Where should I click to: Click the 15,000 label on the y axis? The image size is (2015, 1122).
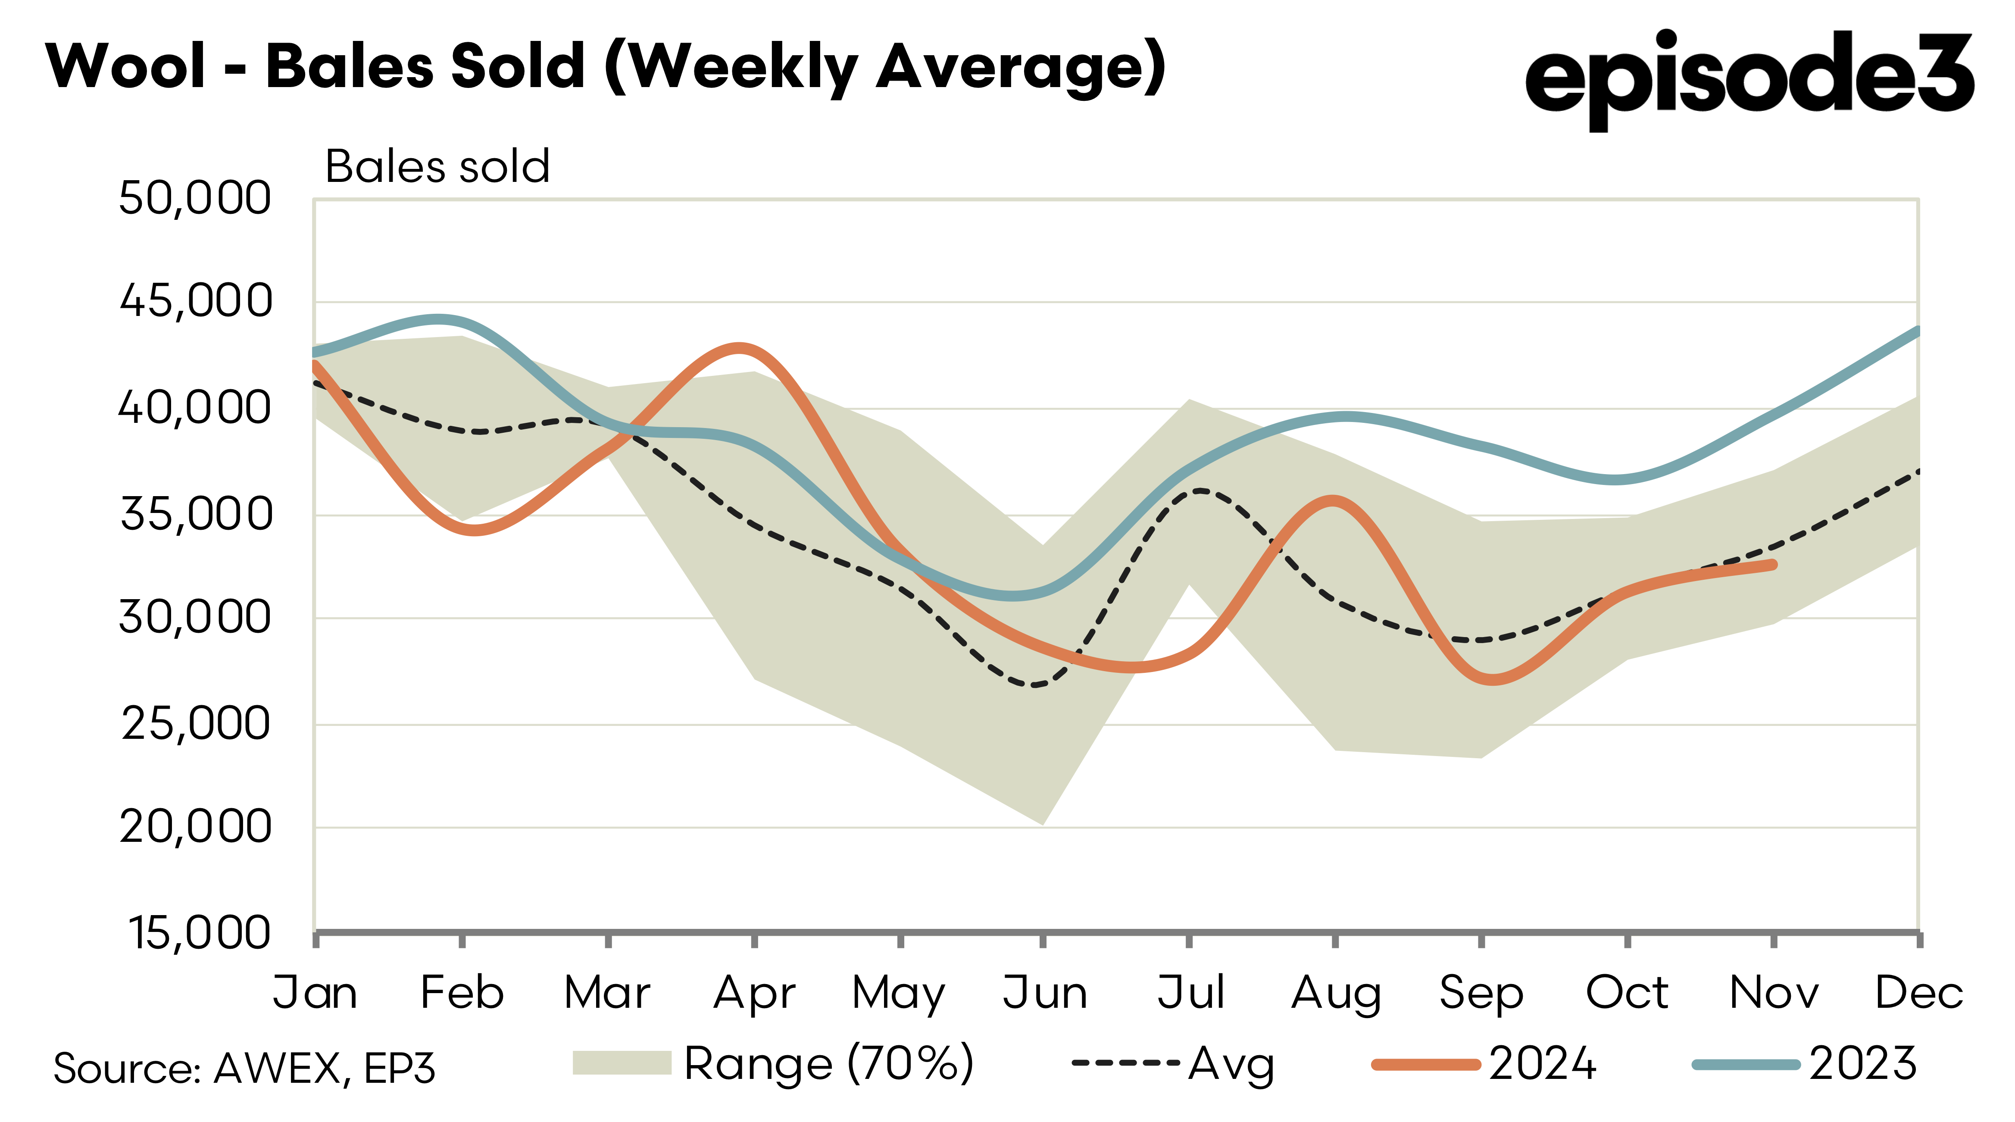click(200, 933)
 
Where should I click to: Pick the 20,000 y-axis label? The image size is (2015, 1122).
click(196, 827)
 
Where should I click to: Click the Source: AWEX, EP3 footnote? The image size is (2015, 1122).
click(244, 1068)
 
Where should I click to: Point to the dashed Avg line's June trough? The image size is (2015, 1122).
click(1037, 684)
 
